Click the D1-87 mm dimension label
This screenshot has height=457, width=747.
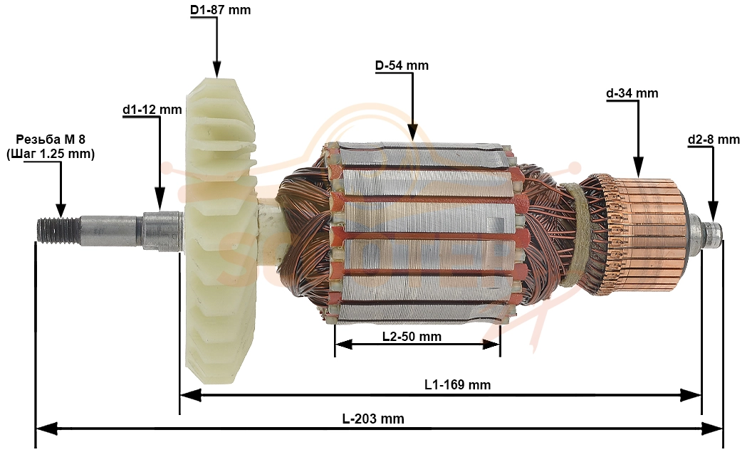pos(220,9)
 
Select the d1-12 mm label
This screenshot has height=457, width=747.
pos(152,110)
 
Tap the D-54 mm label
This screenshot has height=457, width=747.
pos(402,65)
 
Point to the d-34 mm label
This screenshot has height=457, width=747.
pos(632,93)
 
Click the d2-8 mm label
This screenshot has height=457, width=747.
pos(714,140)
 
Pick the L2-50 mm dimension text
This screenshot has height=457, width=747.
pos(412,337)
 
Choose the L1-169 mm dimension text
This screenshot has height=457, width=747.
pos(457,384)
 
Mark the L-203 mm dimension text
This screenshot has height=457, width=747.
pos(373,419)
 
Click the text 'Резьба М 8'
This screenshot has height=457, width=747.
pos(51,140)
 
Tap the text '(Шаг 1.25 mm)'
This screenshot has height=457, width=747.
pos(51,154)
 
